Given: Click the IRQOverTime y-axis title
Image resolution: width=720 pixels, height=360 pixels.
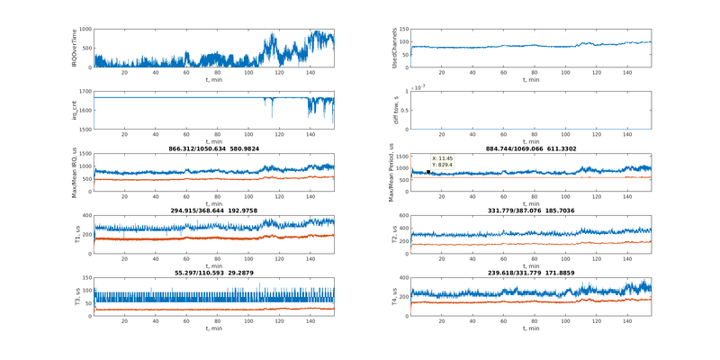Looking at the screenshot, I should click(75, 49).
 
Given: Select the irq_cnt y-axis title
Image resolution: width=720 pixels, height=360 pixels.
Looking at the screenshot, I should click(75, 111).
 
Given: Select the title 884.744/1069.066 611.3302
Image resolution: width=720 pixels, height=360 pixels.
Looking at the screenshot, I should click(531, 148).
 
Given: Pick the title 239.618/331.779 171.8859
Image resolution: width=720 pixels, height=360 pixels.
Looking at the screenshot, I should click(531, 272).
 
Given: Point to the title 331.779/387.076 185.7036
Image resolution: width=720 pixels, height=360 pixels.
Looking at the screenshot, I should click(531, 210).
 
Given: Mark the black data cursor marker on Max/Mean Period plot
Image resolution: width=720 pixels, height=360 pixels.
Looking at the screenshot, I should click(428, 171).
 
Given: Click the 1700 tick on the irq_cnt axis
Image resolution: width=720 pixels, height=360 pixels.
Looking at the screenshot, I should click(85, 92).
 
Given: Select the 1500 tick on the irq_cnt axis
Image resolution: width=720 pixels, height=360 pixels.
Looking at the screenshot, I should click(85, 130).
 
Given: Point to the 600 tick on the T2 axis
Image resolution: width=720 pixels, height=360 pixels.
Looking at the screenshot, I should click(404, 216).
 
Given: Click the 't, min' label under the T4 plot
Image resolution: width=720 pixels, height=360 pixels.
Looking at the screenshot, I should click(531, 328).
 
